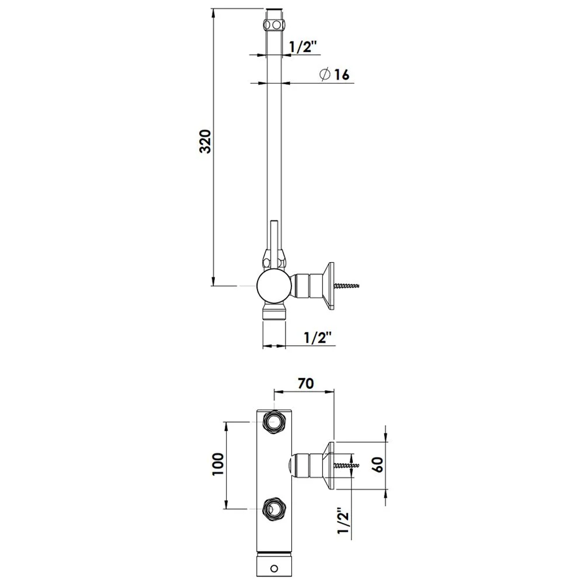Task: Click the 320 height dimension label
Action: pyautogui.click(x=205, y=141)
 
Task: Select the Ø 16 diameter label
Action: pyautogui.click(x=335, y=75)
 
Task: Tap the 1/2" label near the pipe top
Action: pyautogui.click(x=303, y=47)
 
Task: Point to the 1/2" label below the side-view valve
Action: pyautogui.click(x=317, y=338)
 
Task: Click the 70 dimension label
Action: pyautogui.click(x=306, y=383)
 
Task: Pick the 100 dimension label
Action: pyautogui.click(x=218, y=464)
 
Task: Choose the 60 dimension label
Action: pyautogui.click(x=378, y=464)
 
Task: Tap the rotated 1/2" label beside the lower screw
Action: pyautogui.click(x=343, y=520)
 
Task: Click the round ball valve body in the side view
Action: pyautogui.click(x=274, y=286)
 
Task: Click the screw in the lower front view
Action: pyautogui.click(x=347, y=465)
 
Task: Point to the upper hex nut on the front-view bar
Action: pyautogui.click(x=274, y=422)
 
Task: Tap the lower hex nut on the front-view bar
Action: pyautogui.click(x=274, y=509)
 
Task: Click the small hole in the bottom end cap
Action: pyautogui.click(x=274, y=568)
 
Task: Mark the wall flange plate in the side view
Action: pyautogui.click(x=329, y=286)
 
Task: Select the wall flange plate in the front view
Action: pyautogui.click(x=329, y=465)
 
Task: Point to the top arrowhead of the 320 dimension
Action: pyautogui.click(x=213, y=13)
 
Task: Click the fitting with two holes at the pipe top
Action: pyautogui.click(x=274, y=25)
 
